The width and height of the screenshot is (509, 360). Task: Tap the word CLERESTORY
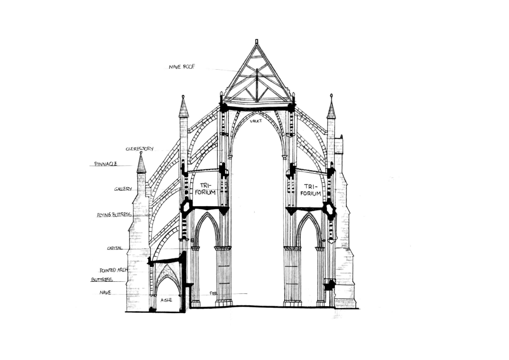click(x=139, y=149)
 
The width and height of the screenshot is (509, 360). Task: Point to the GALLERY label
click(x=123, y=189)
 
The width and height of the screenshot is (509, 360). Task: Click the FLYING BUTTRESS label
click(x=114, y=215)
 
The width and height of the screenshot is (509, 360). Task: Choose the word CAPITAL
click(x=115, y=248)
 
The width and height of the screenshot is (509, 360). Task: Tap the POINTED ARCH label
click(x=113, y=270)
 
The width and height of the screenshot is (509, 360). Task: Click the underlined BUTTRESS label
click(x=102, y=280)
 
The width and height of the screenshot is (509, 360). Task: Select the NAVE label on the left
click(x=105, y=292)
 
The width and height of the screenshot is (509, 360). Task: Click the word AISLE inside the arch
click(x=166, y=299)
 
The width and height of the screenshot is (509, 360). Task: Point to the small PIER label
click(x=213, y=294)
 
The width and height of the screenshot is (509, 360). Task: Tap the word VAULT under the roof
click(x=256, y=121)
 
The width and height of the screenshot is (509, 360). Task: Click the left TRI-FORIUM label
click(x=205, y=189)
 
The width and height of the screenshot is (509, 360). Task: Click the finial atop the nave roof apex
click(x=257, y=42)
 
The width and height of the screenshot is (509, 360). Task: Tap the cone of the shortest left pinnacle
click(x=141, y=165)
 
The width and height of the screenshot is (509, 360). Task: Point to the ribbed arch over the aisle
click(x=167, y=279)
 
